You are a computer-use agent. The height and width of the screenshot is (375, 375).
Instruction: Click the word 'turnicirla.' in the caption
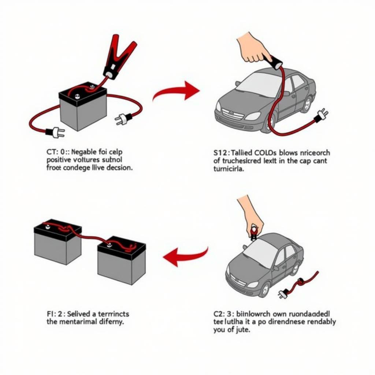click(228, 169)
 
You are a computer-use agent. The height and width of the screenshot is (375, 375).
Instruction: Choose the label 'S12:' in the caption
click(220, 153)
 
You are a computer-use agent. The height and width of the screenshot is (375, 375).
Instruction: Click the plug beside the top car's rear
click(321, 115)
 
